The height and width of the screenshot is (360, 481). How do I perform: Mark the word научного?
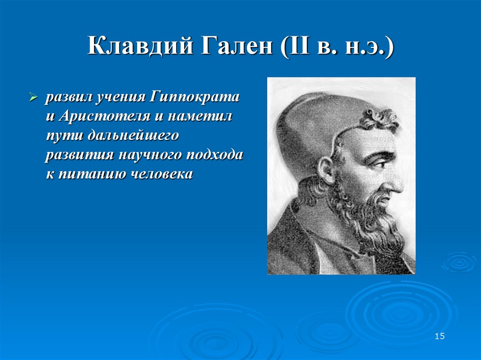pos(151,155)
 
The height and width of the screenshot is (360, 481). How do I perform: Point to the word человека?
pos(160,174)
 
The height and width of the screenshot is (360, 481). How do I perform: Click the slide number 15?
pos(440,336)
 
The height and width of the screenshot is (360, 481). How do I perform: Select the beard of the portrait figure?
pos(371,221)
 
